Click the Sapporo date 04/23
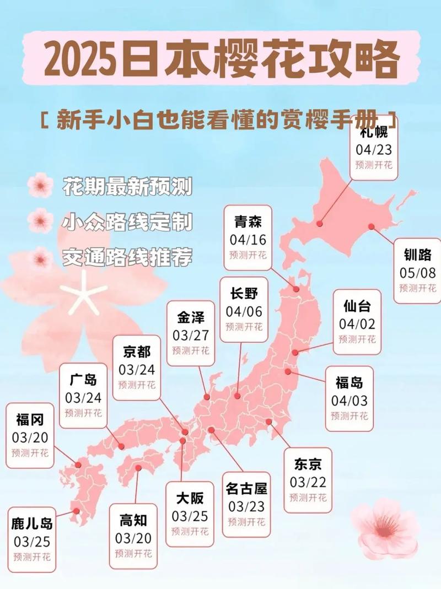tap(374, 150)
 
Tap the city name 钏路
tap(417, 255)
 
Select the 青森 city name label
tap(248, 222)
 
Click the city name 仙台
tap(357, 306)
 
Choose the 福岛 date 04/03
tap(349, 401)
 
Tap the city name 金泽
tap(190, 318)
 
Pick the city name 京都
tap(136, 352)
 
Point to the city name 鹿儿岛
tap(32, 523)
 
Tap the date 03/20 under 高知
tap(133, 537)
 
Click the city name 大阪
tap(190, 498)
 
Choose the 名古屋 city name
tap(246, 488)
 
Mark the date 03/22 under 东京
tap(308, 482)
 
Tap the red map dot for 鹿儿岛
tap(76, 511)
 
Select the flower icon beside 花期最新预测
tap(40, 185)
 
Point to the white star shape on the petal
tap(83, 295)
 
